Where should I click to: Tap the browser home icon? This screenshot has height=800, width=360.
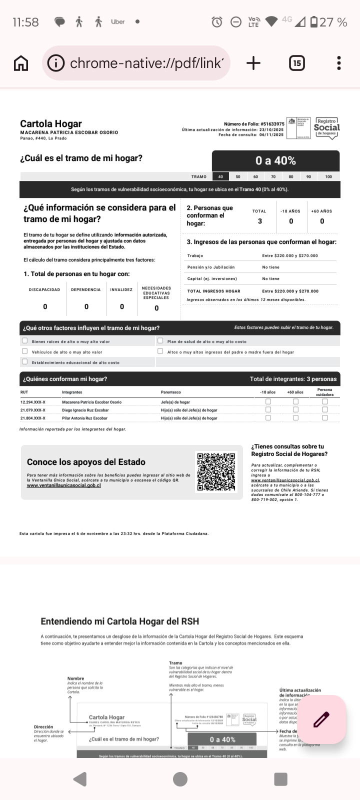tap(21, 63)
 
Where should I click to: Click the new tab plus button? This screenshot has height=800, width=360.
tap(253, 63)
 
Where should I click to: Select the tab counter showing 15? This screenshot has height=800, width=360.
tap(297, 63)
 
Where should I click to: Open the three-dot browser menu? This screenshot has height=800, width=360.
tap(339, 63)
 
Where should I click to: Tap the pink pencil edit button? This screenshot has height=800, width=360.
tap(321, 719)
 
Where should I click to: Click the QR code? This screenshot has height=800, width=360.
tap(216, 471)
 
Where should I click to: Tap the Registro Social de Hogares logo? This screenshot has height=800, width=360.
tap(326, 128)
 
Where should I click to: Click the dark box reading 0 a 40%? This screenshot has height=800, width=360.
tap(275, 161)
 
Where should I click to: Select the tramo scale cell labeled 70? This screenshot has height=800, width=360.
tap(273, 176)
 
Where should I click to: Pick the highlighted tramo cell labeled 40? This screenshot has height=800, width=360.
tap(220, 176)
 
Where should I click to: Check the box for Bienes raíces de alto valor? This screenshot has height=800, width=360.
tap(24, 341)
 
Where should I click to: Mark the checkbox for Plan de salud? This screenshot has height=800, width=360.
tap(160, 341)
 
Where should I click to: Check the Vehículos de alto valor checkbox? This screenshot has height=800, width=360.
tap(24, 351)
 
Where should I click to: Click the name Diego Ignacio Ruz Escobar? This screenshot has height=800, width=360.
tap(85, 410)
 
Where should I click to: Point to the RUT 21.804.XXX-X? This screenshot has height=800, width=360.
tap(33, 418)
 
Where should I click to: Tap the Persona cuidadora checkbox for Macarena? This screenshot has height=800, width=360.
tap(324, 401)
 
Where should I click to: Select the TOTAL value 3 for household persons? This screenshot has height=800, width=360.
tap(259, 221)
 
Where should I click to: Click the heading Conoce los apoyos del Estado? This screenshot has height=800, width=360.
tap(86, 462)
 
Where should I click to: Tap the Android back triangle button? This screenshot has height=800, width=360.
tap(80, 779)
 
